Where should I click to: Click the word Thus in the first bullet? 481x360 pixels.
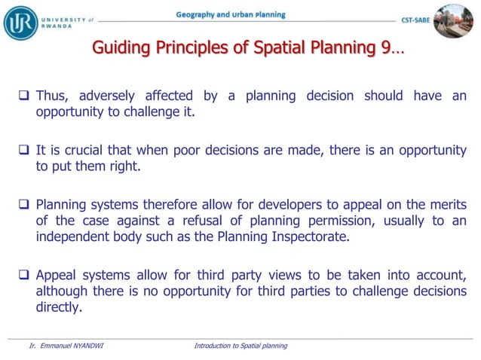point(53,96)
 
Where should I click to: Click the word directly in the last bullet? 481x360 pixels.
point(59,308)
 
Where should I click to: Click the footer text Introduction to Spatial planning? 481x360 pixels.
point(240,346)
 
